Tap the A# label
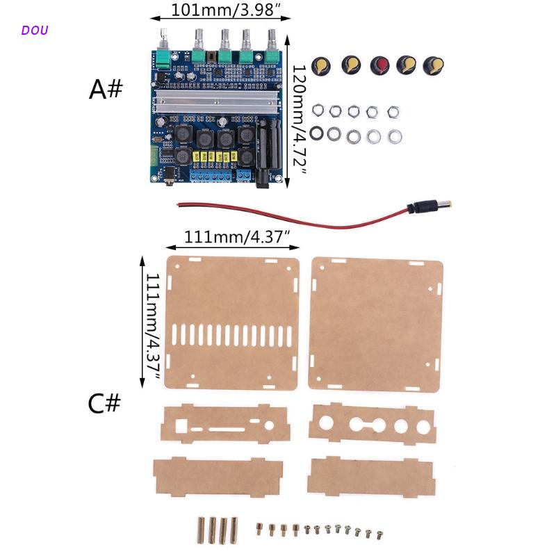[106, 90]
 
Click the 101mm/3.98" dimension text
[221, 12]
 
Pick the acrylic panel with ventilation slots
[232, 322]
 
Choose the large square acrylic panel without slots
[376, 322]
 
